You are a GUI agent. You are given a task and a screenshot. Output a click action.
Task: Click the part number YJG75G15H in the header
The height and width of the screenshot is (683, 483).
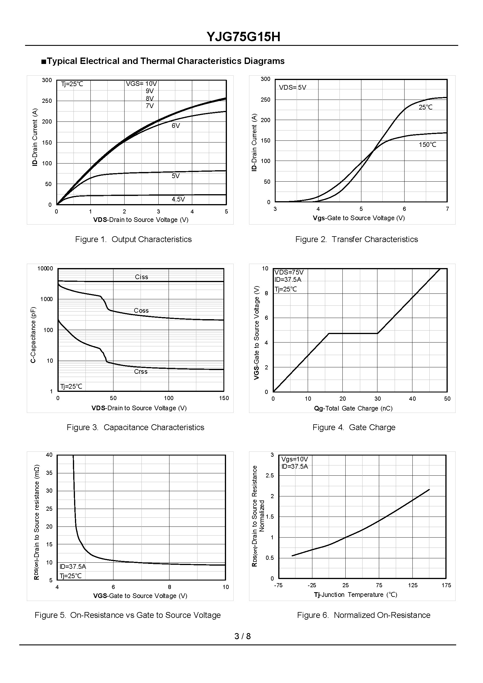click(x=243, y=37)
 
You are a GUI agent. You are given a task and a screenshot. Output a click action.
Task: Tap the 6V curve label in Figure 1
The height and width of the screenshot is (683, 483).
click(x=176, y=126)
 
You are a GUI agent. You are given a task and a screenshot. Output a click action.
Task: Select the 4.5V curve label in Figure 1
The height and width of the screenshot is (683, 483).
click(x=178, y=199)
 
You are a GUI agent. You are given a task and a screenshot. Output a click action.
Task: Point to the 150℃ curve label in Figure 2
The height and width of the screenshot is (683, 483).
click(x=427, y=145)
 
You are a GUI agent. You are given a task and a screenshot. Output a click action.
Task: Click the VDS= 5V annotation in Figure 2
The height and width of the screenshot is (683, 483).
click(x=292, y=88)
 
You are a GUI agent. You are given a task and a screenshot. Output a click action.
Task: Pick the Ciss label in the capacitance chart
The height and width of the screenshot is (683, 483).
click(x=141, y=277)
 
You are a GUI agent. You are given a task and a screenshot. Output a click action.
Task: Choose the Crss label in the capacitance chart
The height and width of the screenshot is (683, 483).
click(x=141, y=371)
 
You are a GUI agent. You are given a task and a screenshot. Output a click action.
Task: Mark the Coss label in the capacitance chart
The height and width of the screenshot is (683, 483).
click(x=141, y=310)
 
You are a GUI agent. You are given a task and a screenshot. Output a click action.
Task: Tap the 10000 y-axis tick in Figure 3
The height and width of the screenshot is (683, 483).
click(x=45, y=269)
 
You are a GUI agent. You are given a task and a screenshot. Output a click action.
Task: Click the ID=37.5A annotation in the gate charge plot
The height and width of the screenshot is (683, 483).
click(x=288, y=279)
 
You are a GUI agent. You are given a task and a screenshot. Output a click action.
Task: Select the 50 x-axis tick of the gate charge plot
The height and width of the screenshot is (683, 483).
click(x=447, y=399)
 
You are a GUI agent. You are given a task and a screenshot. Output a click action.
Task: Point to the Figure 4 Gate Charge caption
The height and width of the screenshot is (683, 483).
click(x=353, y=427)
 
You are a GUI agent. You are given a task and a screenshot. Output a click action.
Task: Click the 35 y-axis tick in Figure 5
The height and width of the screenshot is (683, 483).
click(x=49, y=473)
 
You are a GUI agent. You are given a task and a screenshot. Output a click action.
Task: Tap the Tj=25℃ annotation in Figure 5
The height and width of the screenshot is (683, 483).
click(x=71, y=576)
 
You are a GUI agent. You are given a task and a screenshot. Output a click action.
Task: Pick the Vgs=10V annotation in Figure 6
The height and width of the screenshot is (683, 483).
click(x=295, y=459)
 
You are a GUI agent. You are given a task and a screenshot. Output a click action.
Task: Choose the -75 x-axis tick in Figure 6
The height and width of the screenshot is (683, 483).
click(x=278, y=585)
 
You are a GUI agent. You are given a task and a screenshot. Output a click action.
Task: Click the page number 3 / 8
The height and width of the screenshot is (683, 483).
click(x=242, y=636)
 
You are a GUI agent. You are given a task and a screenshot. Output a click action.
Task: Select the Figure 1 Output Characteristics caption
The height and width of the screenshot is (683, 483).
click(x=133, y=239)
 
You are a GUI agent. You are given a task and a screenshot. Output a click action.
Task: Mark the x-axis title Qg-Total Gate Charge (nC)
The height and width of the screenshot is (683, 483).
click(x=353, y=409)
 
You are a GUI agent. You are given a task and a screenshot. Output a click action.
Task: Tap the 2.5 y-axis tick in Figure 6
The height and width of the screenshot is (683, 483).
click(x=270, y=475)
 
